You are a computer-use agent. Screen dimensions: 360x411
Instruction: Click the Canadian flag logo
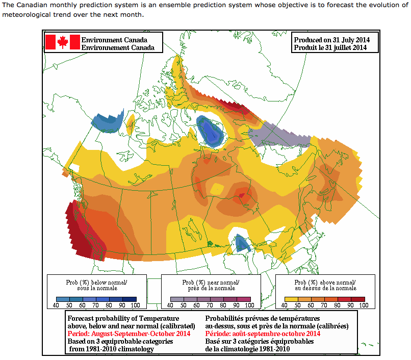pos(63,42)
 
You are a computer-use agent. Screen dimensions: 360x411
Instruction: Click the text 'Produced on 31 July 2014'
pos(331,40)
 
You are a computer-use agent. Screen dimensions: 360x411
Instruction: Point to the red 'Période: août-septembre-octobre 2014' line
pos(263,333)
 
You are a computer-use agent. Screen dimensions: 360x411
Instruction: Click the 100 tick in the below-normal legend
pos(135,305)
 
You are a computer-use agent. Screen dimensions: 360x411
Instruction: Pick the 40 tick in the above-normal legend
pos(287,305)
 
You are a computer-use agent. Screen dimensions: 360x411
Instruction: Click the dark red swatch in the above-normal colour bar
pos(358,299)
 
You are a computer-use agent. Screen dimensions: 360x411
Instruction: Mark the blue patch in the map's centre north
pos(210,131)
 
